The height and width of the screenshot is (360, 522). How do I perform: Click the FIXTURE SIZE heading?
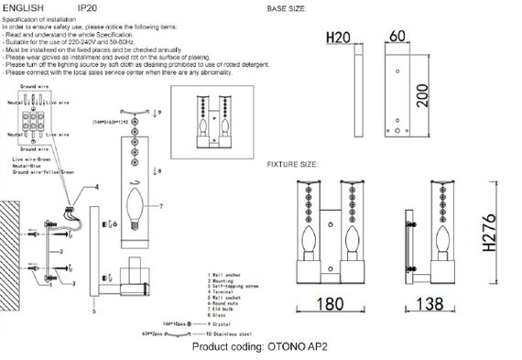(x=292, y=166)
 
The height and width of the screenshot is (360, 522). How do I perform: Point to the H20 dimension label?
(x=342, y=39)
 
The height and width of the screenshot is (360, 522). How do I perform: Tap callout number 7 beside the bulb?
(x=162, y=206)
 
